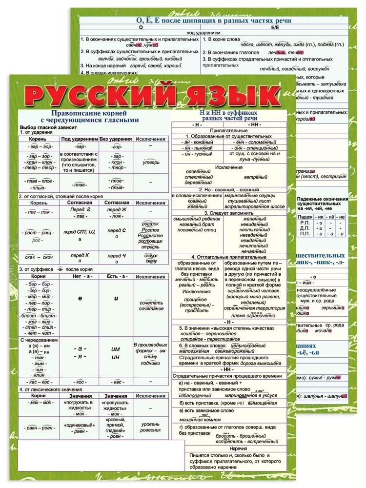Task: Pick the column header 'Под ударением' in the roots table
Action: pyautogui.click(x=79, y=139)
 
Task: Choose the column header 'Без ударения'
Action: pyautogui.click(x=116, y=139)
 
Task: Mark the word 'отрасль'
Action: pyautogui.click(x=150, y=247)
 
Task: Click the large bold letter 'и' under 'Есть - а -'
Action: pyautogui.click(x=116, y=297)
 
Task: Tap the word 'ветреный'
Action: pyautogui.click(x=256, y=177)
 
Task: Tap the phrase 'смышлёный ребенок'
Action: pyautogui.click(x=197, y=219)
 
